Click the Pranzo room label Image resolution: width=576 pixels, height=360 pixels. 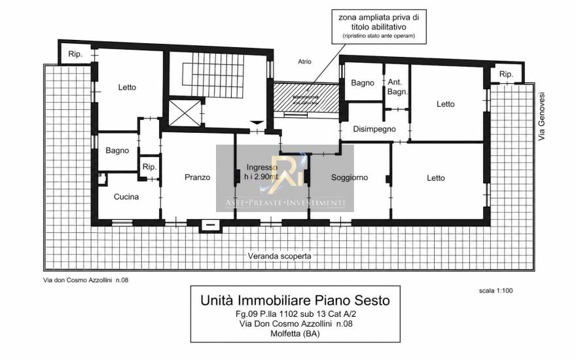[x=197, y=177]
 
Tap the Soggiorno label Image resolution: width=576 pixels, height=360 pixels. [x=350, y=177]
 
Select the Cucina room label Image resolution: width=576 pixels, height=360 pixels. [x=126, y=196]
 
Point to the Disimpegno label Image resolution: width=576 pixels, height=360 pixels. [x=374, y=129]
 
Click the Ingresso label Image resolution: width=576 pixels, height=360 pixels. [x=262, y=167]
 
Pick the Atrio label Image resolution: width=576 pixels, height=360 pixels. [x=304, y=62]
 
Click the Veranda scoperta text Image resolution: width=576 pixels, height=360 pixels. [x=279, y=256]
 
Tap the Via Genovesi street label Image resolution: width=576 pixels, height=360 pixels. [x=541, y=117]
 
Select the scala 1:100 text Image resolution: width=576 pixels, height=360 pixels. [x=495, y=291]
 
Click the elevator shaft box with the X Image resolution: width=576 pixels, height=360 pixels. [x=185, y=113]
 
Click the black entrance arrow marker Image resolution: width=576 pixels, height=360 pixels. [x=257, y=122]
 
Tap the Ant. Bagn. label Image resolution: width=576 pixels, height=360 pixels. [x=397, y=87]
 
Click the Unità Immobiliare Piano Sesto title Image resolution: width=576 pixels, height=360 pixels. [x=295, y=300]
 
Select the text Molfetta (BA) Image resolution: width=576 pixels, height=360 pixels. [x=295, y=334]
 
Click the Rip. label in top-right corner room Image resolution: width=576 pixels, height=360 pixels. [x=506, y=74]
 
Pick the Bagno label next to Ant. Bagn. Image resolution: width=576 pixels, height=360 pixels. [x=362, y=83]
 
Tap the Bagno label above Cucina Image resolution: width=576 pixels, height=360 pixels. [x=117, y=151]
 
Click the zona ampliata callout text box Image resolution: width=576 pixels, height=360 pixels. [x=378, y=27]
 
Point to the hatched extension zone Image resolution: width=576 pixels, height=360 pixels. [x=306, y=98]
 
